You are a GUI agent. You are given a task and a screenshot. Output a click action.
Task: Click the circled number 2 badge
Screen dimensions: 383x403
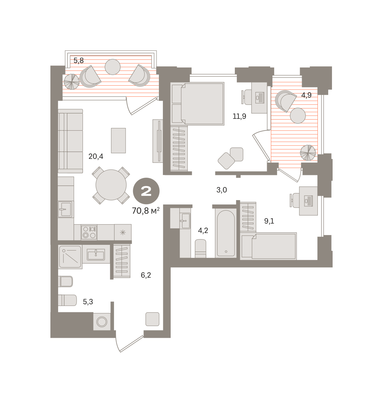(x=146, y=191)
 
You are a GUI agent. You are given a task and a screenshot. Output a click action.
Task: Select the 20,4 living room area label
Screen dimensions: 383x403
(x=96, y=156)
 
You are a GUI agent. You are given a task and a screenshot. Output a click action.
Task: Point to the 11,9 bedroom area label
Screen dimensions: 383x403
(x=239, y=117)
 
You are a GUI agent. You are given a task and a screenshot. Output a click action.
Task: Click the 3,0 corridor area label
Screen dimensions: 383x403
(x=221, y=190)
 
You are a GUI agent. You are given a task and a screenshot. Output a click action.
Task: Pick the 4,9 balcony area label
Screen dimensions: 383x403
(x=306, y=95)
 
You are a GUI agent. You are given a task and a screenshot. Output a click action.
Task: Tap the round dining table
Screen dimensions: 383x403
(x=111, y=185)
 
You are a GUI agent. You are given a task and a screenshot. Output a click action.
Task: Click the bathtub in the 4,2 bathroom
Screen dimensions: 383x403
(x=226, y=233)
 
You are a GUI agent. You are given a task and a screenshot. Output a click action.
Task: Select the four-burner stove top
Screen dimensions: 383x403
(x=89, y=232)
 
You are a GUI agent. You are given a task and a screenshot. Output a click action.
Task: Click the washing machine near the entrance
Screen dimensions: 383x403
(x=102, y=321)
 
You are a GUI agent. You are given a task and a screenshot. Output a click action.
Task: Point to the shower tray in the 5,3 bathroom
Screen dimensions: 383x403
(x=70, y=257)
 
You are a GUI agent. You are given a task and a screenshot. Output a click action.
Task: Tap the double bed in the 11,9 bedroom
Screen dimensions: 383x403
(x=197, y=104)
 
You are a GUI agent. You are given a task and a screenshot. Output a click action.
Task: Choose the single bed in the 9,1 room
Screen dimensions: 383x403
(x=268, y=246)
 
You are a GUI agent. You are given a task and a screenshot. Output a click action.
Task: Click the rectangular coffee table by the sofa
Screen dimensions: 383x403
(x=118, y=140)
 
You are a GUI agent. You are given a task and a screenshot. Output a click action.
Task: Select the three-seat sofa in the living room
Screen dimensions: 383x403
(x=70, y=141)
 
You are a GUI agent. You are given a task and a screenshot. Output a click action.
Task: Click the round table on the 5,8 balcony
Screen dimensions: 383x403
(x=113, y=67)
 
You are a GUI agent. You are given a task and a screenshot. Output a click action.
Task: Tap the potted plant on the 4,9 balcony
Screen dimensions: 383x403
(x=308, y=153)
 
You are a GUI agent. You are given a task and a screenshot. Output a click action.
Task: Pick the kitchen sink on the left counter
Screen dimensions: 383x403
(x=65, y=209)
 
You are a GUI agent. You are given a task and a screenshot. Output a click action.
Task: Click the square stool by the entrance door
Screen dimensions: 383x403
(x=153, y=319)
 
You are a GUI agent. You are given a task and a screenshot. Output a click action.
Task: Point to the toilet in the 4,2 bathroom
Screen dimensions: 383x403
(x=201, y=249)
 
